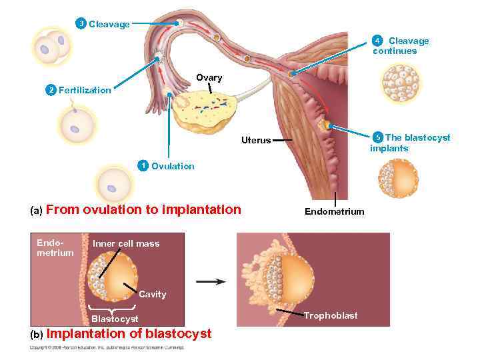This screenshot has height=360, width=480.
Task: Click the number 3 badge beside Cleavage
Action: click(x=81, y=24)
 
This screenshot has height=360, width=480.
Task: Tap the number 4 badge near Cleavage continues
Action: click(x=377, y=41)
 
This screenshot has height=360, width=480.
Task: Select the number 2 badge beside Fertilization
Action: click(x=50, y=90)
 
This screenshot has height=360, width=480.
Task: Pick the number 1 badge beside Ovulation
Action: click(x=142, y=165)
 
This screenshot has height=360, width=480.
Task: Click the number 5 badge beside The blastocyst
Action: click(x=378, y=138)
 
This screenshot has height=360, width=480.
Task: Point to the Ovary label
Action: click(x=209, y=78)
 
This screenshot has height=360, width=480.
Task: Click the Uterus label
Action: click(x=256, y=141)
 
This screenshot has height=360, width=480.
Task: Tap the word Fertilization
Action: click(x=85, y=90)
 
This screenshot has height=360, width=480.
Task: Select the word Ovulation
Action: click(x=173, y=166)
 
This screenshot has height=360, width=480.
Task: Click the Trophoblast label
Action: click(x=331, y=315)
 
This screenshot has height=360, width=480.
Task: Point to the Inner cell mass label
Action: click(x=126, y=243)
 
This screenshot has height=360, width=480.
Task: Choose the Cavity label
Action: click(x=153, y=294)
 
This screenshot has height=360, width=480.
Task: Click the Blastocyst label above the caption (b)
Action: click(x=115, y=319)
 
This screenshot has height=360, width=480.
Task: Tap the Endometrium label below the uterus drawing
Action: click(x=334, y=211)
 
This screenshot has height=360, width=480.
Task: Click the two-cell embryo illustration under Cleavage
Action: click(x=52, y=46)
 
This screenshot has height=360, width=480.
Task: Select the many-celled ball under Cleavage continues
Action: click(x=401, y=82)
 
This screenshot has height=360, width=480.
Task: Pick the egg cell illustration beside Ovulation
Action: click(x=115, y=183)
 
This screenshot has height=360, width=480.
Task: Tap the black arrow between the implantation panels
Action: click(x=211, y=281)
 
